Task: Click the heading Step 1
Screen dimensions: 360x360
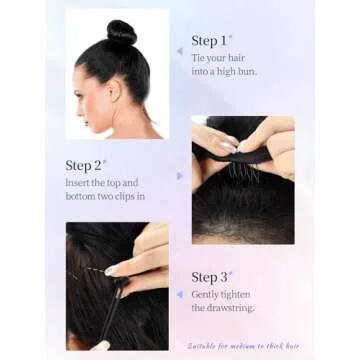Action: click(x=209, y=41)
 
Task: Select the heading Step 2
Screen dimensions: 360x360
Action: click(x=84, y=165)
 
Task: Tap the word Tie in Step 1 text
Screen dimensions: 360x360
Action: click(x=201, y=59)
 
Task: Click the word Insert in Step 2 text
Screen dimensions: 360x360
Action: click(x=81, y=183)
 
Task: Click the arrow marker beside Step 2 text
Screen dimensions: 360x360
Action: click(x=180, y=176)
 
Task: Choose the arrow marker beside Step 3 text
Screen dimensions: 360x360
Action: click(x=179, y=295)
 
